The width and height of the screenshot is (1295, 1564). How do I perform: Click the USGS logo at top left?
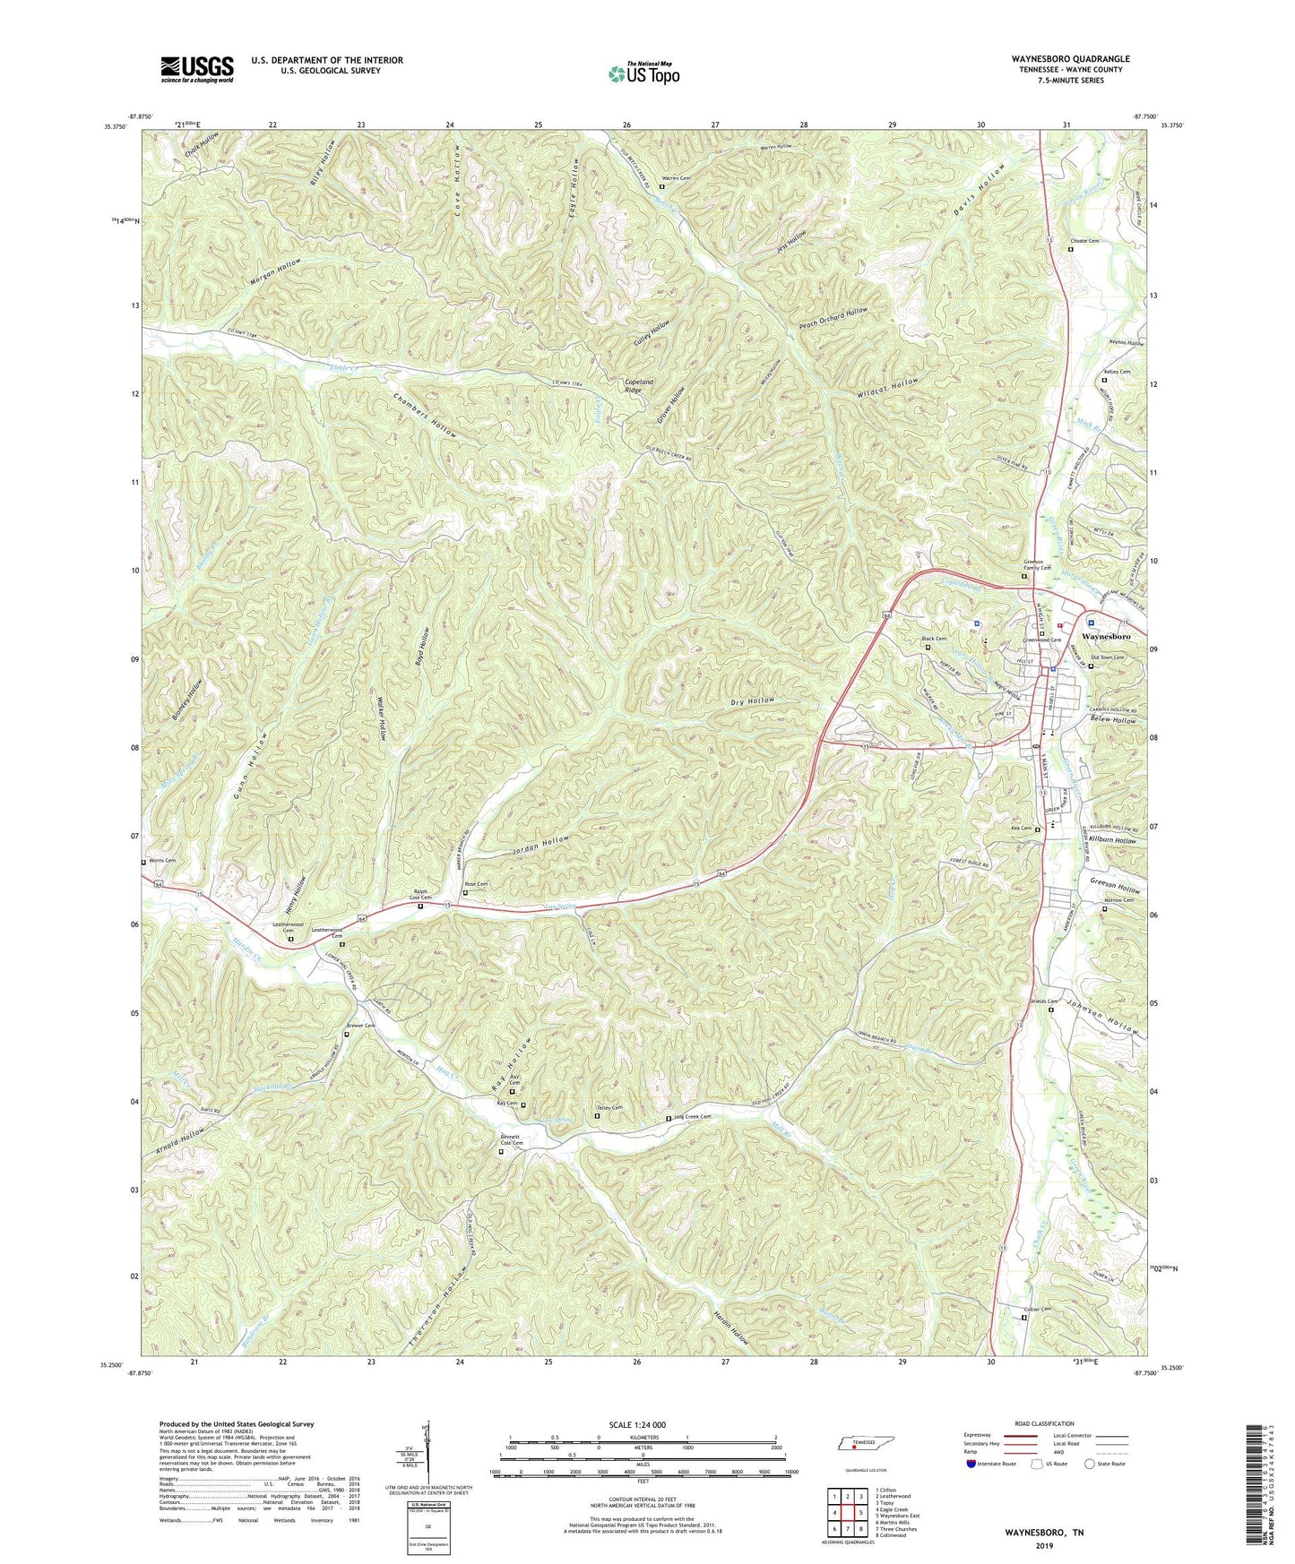(x=196, y=69)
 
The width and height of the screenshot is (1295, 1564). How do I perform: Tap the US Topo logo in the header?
(x=643, y=73)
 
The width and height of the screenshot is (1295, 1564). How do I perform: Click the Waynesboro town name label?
(x=1106, y=636)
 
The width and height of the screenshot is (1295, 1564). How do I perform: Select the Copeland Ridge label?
(x=639, y=386)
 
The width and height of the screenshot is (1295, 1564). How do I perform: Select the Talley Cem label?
(x=609, y=1108)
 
